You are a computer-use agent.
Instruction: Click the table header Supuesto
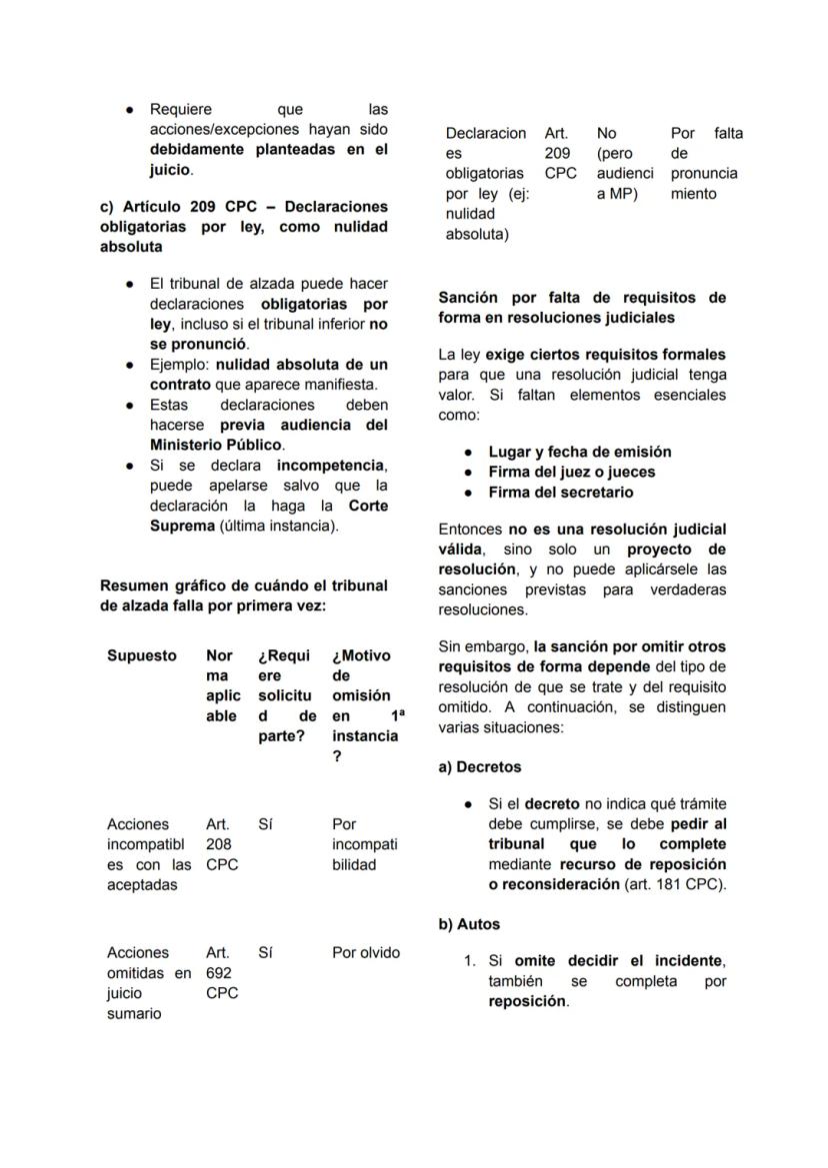pos(141,655)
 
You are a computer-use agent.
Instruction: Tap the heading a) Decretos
pos(479,767)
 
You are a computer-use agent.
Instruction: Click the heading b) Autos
pos(469,924)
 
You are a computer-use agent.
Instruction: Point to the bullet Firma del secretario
pos(560,493)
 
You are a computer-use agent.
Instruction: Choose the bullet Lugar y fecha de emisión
pos(579,452)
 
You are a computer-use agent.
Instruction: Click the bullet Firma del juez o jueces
pos(571,472)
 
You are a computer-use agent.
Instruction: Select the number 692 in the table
pos(218,973)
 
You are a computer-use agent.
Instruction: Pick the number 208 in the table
pos(218,844)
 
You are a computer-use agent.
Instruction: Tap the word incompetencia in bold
pos(330,466)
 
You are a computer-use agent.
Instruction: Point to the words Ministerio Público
pos(215,445)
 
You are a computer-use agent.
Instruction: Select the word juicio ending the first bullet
pos(169,170)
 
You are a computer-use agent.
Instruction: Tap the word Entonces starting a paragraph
pos(470,529)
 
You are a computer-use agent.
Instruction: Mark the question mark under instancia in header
pos(337,756)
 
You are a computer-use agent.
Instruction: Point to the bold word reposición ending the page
pos(526,1001)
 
